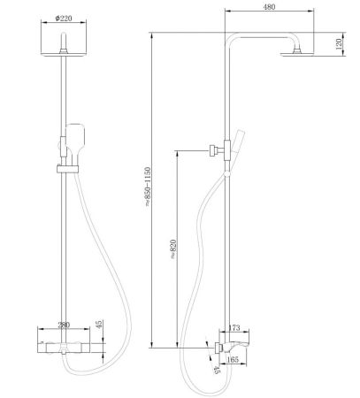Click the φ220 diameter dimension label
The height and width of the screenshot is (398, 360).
63,18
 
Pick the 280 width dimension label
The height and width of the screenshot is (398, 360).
63,325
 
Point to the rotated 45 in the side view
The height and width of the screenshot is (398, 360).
215,371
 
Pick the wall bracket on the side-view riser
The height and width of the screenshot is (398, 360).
215,150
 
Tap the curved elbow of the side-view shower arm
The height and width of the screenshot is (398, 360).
230,42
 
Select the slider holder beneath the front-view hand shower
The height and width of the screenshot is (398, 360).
63,167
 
